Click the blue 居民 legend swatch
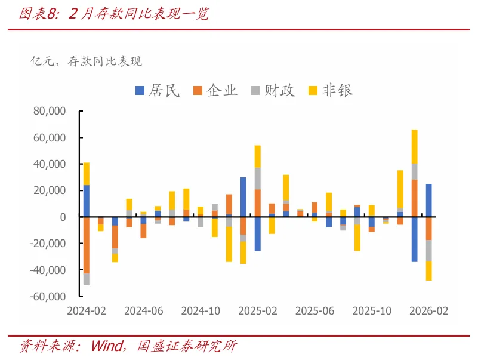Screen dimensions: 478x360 140,91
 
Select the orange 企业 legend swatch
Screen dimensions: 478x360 198,91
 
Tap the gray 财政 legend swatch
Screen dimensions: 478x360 255,91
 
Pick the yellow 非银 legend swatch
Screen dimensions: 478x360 313,91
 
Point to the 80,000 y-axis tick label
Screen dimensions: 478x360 50,111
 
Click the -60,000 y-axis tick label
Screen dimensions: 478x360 48,297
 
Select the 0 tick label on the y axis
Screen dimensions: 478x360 63,217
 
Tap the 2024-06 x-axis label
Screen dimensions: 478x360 144,311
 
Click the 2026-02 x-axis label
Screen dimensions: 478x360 429,311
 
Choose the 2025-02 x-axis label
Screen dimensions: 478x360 258,311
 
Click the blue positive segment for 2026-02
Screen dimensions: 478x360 428,201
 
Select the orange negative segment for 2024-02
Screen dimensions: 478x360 87,245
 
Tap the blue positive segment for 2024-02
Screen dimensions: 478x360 87,201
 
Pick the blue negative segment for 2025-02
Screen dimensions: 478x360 258,234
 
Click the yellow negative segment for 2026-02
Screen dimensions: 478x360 428,271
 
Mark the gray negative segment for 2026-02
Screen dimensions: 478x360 428,251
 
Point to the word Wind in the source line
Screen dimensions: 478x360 107,346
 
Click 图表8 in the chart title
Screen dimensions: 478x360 38,14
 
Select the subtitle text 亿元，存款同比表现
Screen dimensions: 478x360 86,61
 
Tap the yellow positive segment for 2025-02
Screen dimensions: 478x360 258,156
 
